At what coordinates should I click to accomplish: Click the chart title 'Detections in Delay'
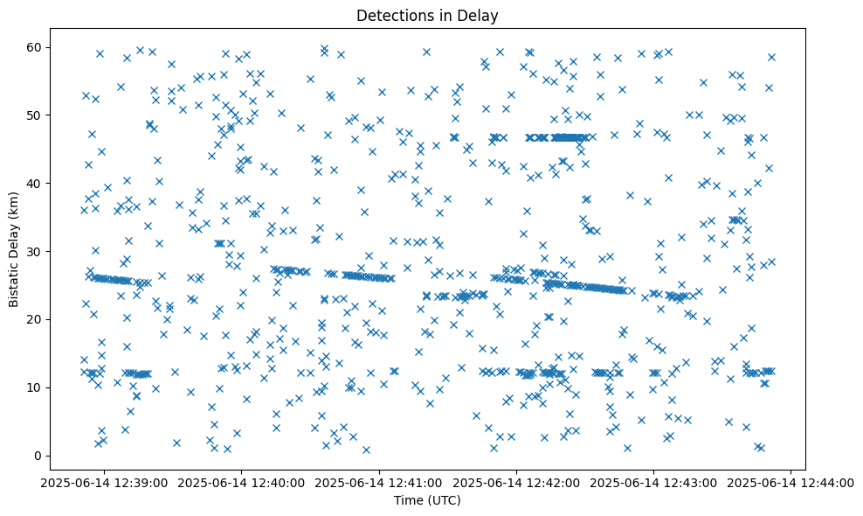(427, 15)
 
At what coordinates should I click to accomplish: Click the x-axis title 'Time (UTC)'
(427, 500)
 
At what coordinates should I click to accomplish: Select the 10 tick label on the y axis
(36, 387)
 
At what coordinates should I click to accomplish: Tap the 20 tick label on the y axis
(36, 319)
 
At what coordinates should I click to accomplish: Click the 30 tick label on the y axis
(36, 251)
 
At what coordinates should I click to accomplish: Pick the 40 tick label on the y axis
(36, 183)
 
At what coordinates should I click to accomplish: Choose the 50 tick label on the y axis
(36, 115)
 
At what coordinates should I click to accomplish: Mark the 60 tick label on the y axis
(36, 46)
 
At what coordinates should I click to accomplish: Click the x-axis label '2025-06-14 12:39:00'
(106, 482)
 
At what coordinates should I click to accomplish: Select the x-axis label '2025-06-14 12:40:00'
(243, 482)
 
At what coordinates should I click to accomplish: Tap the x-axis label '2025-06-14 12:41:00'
(380, 482)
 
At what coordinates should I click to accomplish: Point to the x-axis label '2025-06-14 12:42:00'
(517, 482)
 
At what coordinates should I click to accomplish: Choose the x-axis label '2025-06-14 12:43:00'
(654, 482)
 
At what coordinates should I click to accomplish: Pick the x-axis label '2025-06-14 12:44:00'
(791, 482)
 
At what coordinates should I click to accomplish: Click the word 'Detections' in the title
(394, 15)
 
